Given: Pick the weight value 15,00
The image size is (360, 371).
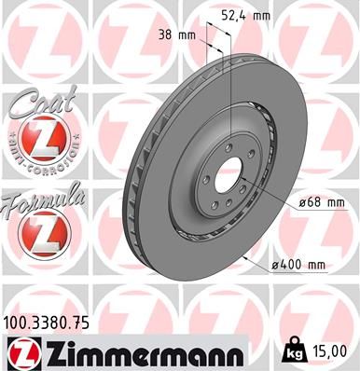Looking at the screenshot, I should click(336, 350).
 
